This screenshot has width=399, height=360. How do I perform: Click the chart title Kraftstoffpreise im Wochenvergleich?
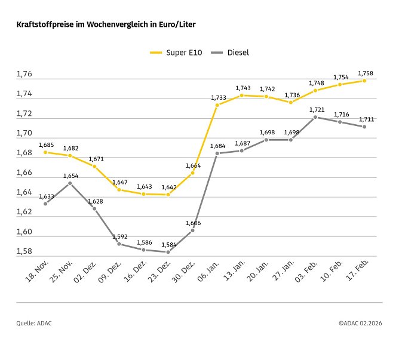click(x=106, y=25)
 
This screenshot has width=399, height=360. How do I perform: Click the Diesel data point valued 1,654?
click(x=70, y=183)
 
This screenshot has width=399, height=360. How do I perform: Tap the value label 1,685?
click(x=46, y=144)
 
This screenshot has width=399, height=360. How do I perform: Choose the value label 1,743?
click(x=242, y=88)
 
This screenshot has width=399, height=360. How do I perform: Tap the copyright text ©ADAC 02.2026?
click(x=360, y=323)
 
